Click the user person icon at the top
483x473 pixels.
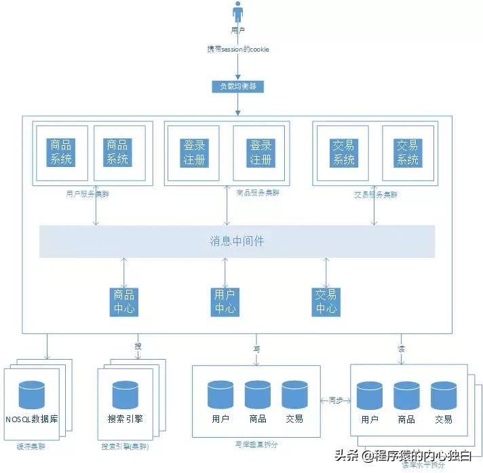[x=237, y=13]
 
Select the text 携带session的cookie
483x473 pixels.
[x=237, y=50]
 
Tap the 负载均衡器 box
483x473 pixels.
[x=237, y=87]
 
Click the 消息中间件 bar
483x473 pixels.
[x=237, y=241]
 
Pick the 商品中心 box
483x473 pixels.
[x=124, y=301]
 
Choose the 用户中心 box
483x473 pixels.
[x=225, y=301]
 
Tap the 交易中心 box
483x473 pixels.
[x=326, y=301]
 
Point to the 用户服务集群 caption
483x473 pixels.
[x=88, y=194]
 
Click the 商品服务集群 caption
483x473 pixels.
[x=257, y=193]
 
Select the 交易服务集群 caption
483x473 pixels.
[x=376, y=194]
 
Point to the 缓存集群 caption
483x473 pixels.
[x=31, y=447]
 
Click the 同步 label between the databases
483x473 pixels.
[x=336, y=400]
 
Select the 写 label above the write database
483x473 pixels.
[x=257, y=347]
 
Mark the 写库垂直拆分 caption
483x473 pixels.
[x=256, y=444]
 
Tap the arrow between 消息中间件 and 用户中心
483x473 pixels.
[x=225, y=272]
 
